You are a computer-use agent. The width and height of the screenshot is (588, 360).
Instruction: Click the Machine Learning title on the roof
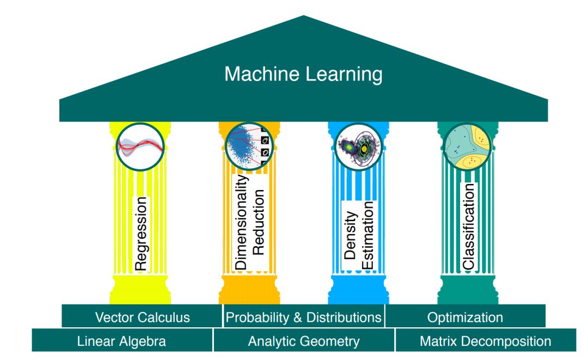pyautogui.click(x=303, y=74)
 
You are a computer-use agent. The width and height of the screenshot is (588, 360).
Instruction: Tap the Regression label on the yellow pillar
pyautogui.click(x=140, y=234)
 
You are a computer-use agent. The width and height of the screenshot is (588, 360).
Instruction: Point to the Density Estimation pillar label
pyautogui.click(x=359, y=235)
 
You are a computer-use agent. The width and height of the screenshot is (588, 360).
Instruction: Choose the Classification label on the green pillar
pyautogui.click(x=468, y=226)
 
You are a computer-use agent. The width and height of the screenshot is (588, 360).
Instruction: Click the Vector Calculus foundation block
pyautogui.click(x=142, y=317)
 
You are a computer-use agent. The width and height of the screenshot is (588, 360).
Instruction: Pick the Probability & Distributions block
pyautogui.click(x=303, y=317)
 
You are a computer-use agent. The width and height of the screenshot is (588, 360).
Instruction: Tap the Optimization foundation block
pyautogui.click(x=465, y=317)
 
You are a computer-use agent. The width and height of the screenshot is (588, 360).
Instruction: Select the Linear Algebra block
pyautogui.click(x=121, y=341)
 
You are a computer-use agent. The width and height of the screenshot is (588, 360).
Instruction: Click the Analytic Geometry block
pyautogui.click(x=303, y=341)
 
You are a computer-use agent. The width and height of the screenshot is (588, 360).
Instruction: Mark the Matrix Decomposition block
pyautogui.click(x=485, y=341)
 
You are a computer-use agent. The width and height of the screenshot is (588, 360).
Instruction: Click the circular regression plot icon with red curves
pyautogui.click(x=140, y=146)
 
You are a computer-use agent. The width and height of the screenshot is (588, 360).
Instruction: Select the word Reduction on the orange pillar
pyautogui.click(x=259, y=222)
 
